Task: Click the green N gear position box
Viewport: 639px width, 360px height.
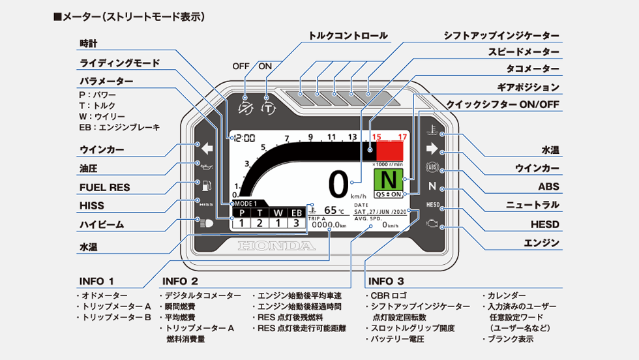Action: pyautogui.click(x=389, y=179)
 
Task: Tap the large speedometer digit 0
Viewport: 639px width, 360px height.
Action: pyautogui.click(x=338, y=185)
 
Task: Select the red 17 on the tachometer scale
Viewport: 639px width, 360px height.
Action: pyautogui.click(x=402, y=137)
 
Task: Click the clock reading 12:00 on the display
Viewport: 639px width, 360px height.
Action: pyautogui.click(x=245, y=138)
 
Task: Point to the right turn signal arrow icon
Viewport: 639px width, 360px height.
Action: pyautogui.click(x=431, y=149)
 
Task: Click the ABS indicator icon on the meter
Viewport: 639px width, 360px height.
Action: pyautogui.click(x=431, y=167)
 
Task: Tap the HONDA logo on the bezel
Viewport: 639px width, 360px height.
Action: pyautogui.click(x=276, y=246)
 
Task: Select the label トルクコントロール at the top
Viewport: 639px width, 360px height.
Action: pyautogui.click(x=348, y=36)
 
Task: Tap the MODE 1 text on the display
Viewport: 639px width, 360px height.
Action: pyautogui.click(x=246, y=203)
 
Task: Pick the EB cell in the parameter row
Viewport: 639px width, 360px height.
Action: pyautogui.click(x=296, y=213)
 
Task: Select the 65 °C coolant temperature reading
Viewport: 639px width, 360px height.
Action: pyautogui.click(x=333, y=211)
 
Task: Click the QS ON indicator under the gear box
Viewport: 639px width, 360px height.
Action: pyautogui.click(x=389, y=194)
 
